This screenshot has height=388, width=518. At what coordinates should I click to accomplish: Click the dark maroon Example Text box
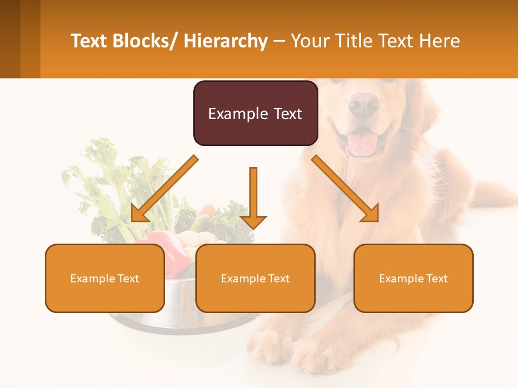point(255,113)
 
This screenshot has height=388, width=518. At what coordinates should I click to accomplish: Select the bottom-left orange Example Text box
point(105,278)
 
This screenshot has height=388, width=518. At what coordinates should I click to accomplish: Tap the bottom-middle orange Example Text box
point(255,278)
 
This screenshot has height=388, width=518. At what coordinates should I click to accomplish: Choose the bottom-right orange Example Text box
point(413,278)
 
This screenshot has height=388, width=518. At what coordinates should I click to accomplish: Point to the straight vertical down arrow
point(253,197)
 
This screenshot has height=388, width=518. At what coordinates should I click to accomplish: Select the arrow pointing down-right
point(345,189)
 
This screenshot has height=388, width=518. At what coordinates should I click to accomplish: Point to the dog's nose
point(363,103)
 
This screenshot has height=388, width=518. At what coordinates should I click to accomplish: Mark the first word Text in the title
point(89,41)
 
